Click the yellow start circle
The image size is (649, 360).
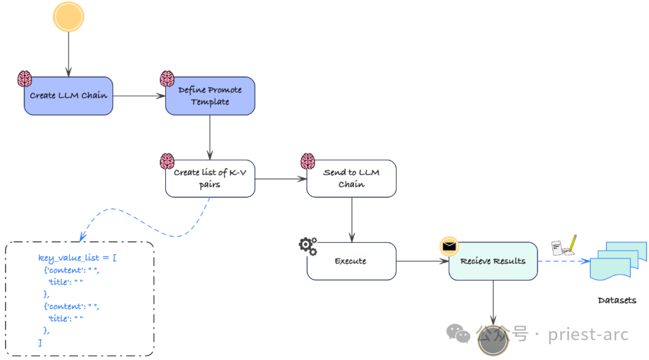click(x=68, y=16)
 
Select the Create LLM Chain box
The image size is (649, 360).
click(x=69, y=96)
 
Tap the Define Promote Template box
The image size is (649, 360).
click(x=210, y=96)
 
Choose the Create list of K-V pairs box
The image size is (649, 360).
click(x=210, y=178)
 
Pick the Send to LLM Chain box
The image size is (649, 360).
click(x=352, y=178)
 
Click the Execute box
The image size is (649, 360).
click(x=352, y=261)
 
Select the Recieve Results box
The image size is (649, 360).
click(x=493, y=261)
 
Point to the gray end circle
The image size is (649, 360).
click(x=493, y=341)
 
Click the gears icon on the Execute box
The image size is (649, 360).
click(x=308, y=245)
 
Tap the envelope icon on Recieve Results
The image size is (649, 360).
click(x=449, y=245)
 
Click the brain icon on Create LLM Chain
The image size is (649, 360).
click(x=25, y=79)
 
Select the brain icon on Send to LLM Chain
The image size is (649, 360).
click(x=308, y=161)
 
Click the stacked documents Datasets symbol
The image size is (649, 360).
click(x=618, y=260)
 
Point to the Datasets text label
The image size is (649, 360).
click(x=617, y=300)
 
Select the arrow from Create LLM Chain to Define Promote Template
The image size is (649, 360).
click(x=139, y=96)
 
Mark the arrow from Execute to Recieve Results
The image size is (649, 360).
click(x=422, y=261)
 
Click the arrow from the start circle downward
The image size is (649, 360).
click(x=69, y=54)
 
